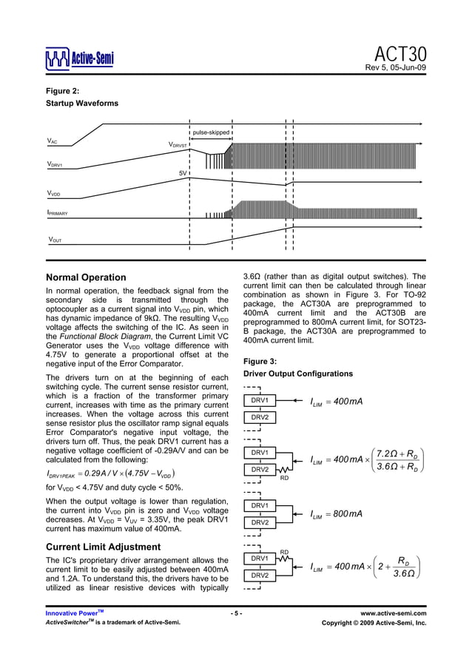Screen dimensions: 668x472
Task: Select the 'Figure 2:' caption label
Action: click(x=63, y=91)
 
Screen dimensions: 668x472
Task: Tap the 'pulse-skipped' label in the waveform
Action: click(x=212, y=132)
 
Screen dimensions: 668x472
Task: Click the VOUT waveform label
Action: click(x=55, y=240)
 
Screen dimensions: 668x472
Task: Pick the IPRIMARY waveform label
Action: click(x=57, y=213)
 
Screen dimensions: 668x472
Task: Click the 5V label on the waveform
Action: click(x=183, y=172)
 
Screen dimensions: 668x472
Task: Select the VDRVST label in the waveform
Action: click(x=178, y=146)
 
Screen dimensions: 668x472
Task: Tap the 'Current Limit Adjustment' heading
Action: click(x=103, y=547)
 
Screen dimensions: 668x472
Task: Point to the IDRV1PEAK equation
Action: click(x=110, y=473)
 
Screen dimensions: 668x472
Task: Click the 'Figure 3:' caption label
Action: click(x=260, y=361)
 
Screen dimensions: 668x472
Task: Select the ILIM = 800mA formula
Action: click(x=336, y=514)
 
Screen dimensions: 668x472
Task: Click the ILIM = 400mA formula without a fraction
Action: click(x=336, y=402)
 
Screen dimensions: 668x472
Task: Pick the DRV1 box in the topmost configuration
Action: click(x=260, y=400)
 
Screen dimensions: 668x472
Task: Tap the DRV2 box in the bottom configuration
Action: click(x=260, y=575)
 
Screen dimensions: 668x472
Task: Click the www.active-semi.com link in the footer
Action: click(x=393, y=613)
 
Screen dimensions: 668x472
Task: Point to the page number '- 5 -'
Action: click(x=235, y=613)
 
